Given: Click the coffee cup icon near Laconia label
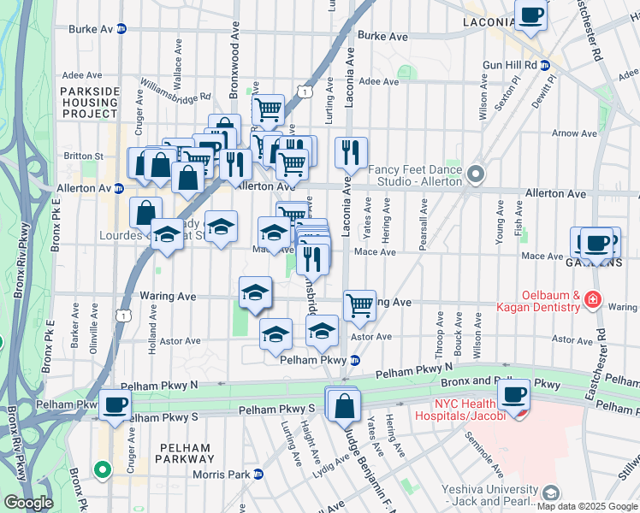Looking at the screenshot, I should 531,15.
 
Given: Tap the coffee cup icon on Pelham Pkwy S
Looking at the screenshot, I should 115,404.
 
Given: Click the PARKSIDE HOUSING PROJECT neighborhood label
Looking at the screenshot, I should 88,102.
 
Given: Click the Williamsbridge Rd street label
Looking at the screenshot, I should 175,89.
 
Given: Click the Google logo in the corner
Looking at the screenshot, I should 28,504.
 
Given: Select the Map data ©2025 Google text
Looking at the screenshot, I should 588,506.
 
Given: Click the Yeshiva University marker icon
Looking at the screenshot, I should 550,493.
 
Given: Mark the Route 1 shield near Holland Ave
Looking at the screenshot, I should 126,315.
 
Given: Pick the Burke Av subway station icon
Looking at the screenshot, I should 121,28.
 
